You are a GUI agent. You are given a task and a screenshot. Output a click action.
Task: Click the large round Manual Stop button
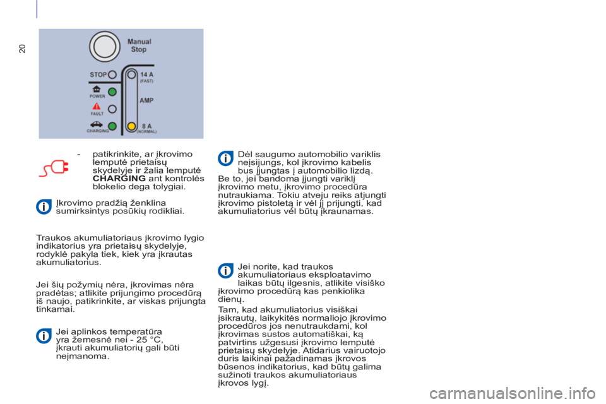[x=105, y=46]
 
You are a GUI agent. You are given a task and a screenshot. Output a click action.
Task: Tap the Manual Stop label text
[x=139, y=45]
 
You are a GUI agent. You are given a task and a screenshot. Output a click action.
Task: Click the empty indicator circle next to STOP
[x=112, y=74]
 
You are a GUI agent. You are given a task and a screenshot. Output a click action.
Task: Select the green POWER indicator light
[x=112, y=92]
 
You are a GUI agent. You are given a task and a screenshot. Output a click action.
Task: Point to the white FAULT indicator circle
[x=112, y=109]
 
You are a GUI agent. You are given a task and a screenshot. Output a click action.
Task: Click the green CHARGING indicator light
[x=112, y=126]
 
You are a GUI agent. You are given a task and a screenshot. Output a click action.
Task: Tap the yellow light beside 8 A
[x=132, y=126]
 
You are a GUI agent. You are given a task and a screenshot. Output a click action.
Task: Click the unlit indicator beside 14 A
[x=132, y=74]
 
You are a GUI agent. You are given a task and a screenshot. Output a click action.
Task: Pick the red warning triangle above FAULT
[x=96, y=106]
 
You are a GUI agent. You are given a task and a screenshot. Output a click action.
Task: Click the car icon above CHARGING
[x=96, y=124]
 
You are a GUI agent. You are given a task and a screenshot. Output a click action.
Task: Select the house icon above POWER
[x=96, y=89]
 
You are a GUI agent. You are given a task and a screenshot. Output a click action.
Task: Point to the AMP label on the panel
[x=146, y=100]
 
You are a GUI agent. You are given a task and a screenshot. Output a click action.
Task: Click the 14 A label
[x=147, y=74]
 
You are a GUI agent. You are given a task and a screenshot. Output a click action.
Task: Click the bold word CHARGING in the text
[x=119, y=178]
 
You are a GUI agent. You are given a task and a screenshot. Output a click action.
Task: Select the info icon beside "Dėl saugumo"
[x=225, y=158]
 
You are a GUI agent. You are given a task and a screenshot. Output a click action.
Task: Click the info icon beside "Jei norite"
[x=225, y=271]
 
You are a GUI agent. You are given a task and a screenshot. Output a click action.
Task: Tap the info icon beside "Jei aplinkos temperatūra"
[x=44, y=336]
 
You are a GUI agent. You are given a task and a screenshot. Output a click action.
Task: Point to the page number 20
[x=23, y=49]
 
